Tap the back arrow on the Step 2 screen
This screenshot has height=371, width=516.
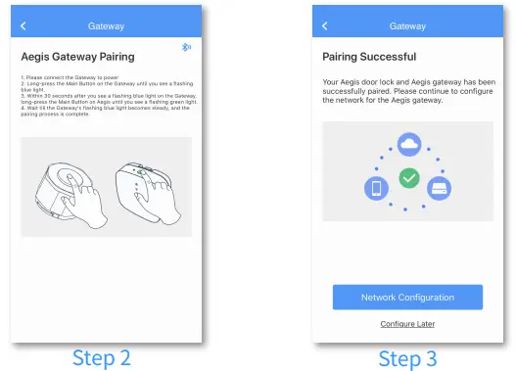tap(23, 25)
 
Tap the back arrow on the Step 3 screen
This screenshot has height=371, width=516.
tap(325, 25)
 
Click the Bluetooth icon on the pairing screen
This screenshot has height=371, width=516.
tap(187, 47)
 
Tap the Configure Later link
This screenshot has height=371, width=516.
tap(407, 323)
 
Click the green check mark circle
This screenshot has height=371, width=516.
tap(408, 179)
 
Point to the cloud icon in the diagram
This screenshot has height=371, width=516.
tap(408, 145)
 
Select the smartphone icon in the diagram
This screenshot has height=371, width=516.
tap(375, 188)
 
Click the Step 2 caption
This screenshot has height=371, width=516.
tap(102, 357)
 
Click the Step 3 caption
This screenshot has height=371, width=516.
tap(408, 357)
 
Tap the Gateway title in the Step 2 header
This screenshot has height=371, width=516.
tap(106, 25)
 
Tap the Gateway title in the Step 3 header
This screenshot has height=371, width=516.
tap(407, 25)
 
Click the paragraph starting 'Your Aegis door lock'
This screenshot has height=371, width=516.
tap(407, 87)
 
